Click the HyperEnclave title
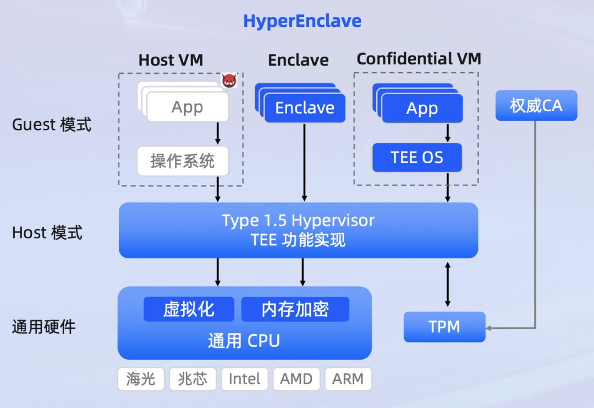302,21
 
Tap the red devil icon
229,81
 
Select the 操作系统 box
183,161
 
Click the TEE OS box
417,158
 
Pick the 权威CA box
536,106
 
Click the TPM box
444,327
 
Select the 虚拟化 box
189,309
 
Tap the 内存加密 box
295,309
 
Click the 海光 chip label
141,379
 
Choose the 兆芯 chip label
193,379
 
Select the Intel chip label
244,379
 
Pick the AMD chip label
296,379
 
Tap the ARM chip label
348,379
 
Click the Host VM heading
171,60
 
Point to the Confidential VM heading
419,59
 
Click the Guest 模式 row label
52,125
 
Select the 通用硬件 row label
43,328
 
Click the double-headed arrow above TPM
448,285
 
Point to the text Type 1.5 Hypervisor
298,221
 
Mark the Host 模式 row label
47,233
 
